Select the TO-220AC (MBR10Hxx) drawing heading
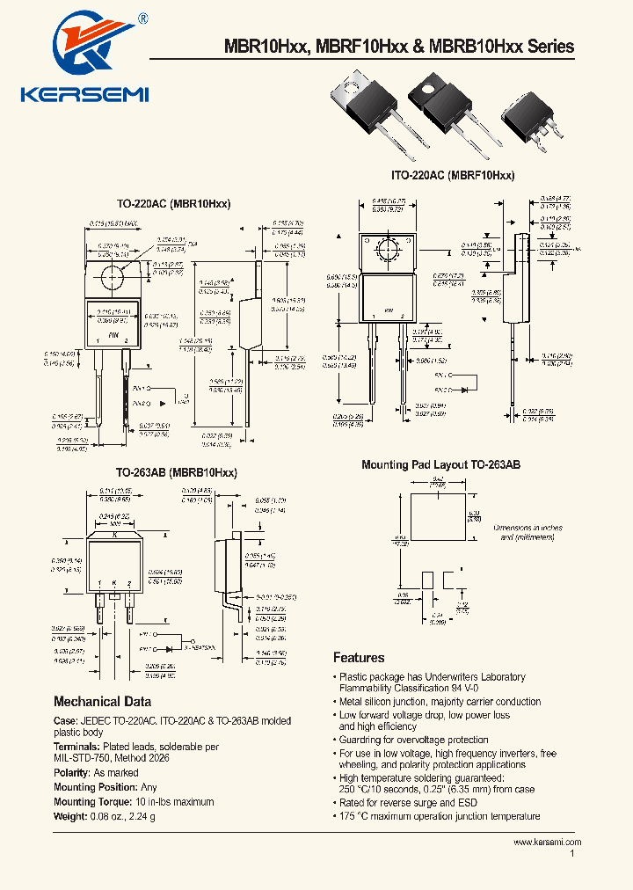(x=173, y=203)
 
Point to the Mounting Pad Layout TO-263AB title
(x=440, y=464)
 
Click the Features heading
(x=359, y=658)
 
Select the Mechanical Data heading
(x=102, y=702)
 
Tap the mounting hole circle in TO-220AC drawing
(x=112, y=276)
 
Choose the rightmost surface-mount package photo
(x=527, y=118)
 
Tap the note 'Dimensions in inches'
(x=527, y=528)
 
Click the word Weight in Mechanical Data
(x=71, y=815)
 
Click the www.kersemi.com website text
(x=547, y=842)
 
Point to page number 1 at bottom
(x=572, y=853)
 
